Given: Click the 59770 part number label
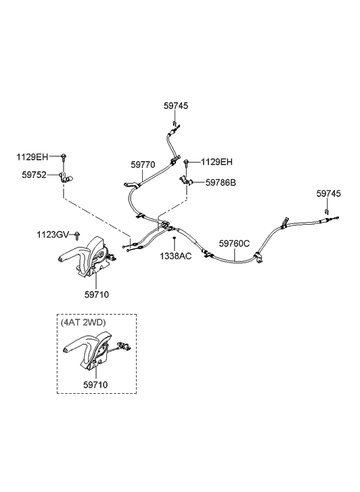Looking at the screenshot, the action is click(x=143, y=164).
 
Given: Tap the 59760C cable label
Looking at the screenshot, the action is click(x=234, y=243).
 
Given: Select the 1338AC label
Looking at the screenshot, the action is click(x=175, y=256).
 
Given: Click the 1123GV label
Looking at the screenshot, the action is click(x=52, y=234).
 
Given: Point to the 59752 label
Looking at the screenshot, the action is click(x=34, y=175).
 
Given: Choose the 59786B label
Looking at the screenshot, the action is click(x=221, y=183).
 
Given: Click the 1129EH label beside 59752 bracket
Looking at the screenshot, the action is click(x=32, y=157).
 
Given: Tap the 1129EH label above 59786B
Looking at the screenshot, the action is click(x=217, y=162).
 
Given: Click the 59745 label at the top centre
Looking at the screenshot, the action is click(x=176, y=106).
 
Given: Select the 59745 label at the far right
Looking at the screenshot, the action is click(x=328, y=194).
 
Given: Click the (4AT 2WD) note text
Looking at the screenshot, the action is click(x=83, y=322).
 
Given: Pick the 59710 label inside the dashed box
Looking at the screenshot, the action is click(x=95, y=384).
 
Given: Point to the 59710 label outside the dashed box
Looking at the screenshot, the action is click(x=96, y=294).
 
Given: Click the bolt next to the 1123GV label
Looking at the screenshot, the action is click(x=77, y=236).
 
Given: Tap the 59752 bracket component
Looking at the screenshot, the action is click(x=66, y=178).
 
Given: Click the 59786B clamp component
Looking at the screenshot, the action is click(x=186, y=181).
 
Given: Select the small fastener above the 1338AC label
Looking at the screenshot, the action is click(x=174, y=238).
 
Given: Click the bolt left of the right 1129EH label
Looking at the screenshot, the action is click(x=187, y=163).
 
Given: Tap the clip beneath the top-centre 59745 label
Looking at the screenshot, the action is click(x=174, y=122).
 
